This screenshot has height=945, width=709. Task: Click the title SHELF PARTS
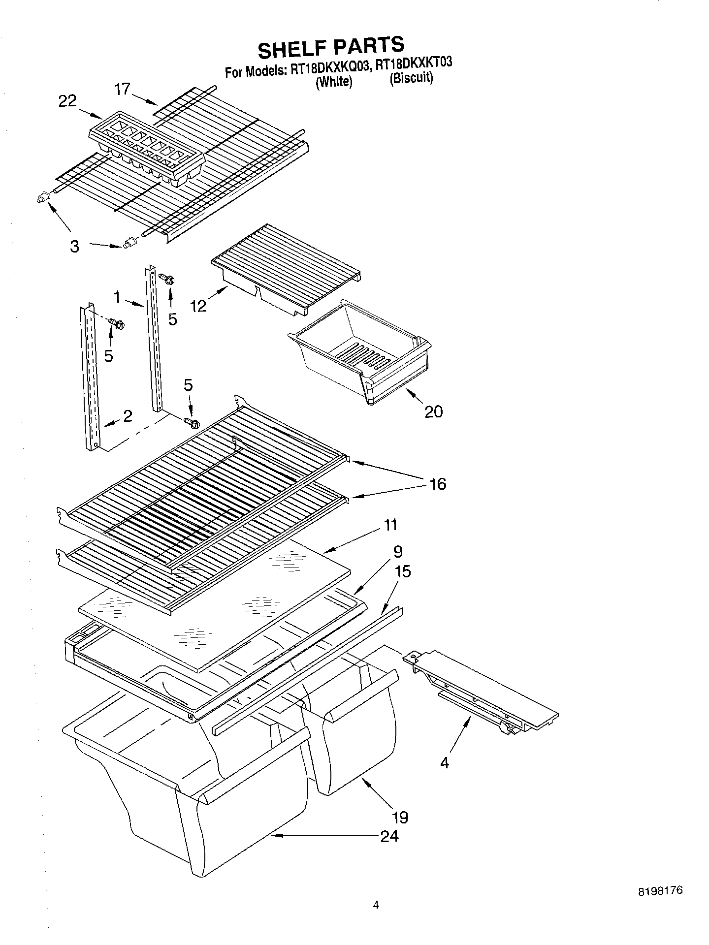(x=331, y=47)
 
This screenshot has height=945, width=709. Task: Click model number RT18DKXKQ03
(x=329, y=68)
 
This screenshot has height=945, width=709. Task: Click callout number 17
(x=123, y=89)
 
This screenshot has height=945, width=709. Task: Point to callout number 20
(x=433, y=411)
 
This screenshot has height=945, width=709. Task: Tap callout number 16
(x=437, y=484)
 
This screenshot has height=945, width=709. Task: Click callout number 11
(x=390, y=525)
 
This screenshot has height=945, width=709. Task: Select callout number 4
(x=445, y=763)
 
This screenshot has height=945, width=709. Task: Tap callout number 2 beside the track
(x=128, y=416)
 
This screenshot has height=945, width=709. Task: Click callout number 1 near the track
(x=117, y=297)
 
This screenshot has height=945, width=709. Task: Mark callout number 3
(x=74, y=246)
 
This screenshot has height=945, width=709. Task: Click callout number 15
(x=402, y=571)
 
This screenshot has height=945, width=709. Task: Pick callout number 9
(x=398, y=551)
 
